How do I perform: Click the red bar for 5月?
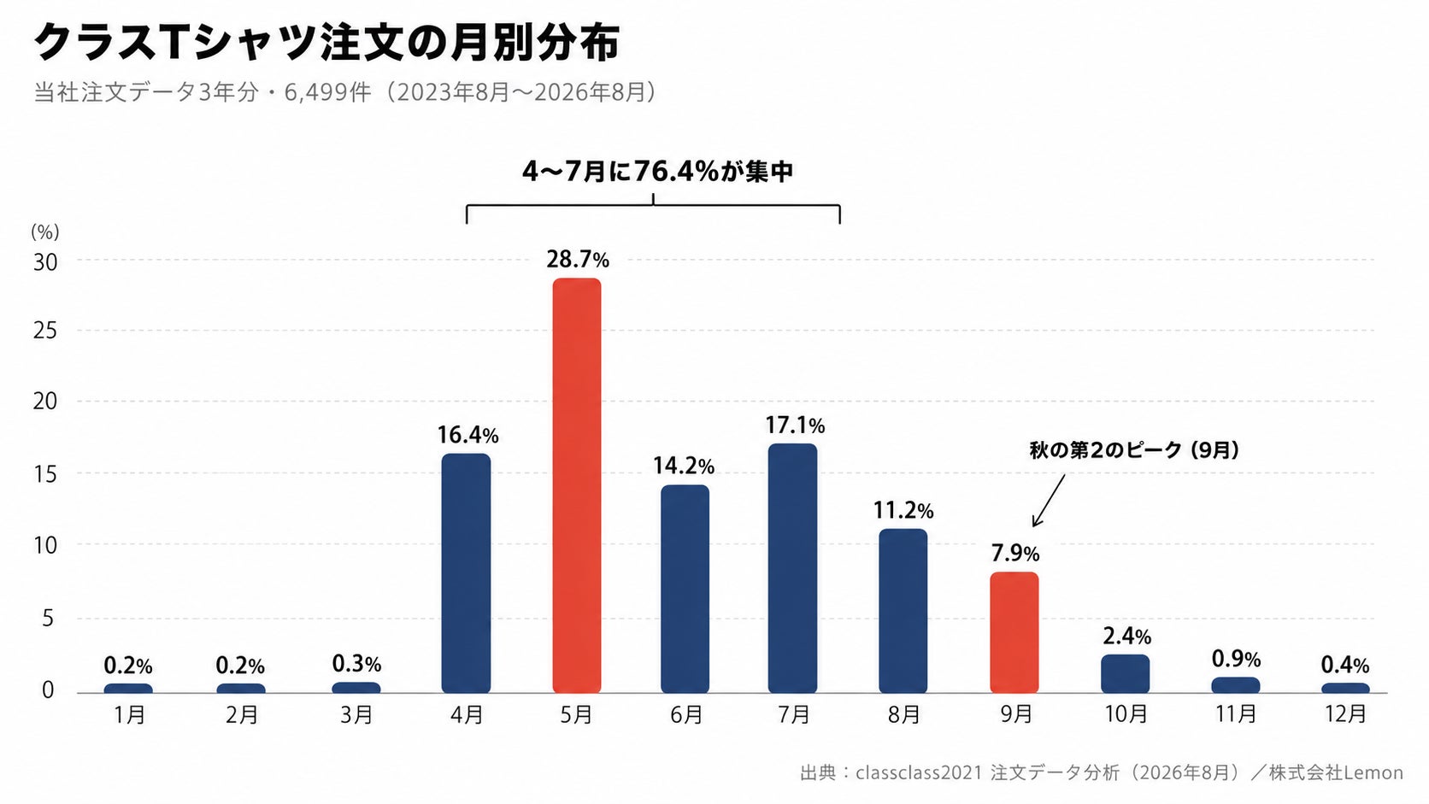577,485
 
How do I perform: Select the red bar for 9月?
1014,632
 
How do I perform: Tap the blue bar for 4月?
467,573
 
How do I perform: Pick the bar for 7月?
793,568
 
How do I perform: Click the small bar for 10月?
1126,673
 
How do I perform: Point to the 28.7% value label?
578,260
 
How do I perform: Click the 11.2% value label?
903,510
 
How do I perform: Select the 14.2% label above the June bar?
683,466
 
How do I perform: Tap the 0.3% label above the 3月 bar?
356,664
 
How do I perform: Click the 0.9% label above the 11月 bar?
1237,659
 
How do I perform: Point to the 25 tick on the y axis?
45,331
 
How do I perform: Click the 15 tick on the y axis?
45,473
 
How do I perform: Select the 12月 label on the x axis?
1345,714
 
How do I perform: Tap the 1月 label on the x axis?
130,714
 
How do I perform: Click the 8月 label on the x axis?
904,714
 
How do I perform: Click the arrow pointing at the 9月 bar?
1049,501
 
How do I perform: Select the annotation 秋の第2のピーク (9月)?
1134,450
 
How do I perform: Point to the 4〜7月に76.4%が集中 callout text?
658,171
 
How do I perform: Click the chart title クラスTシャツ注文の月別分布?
326,43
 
